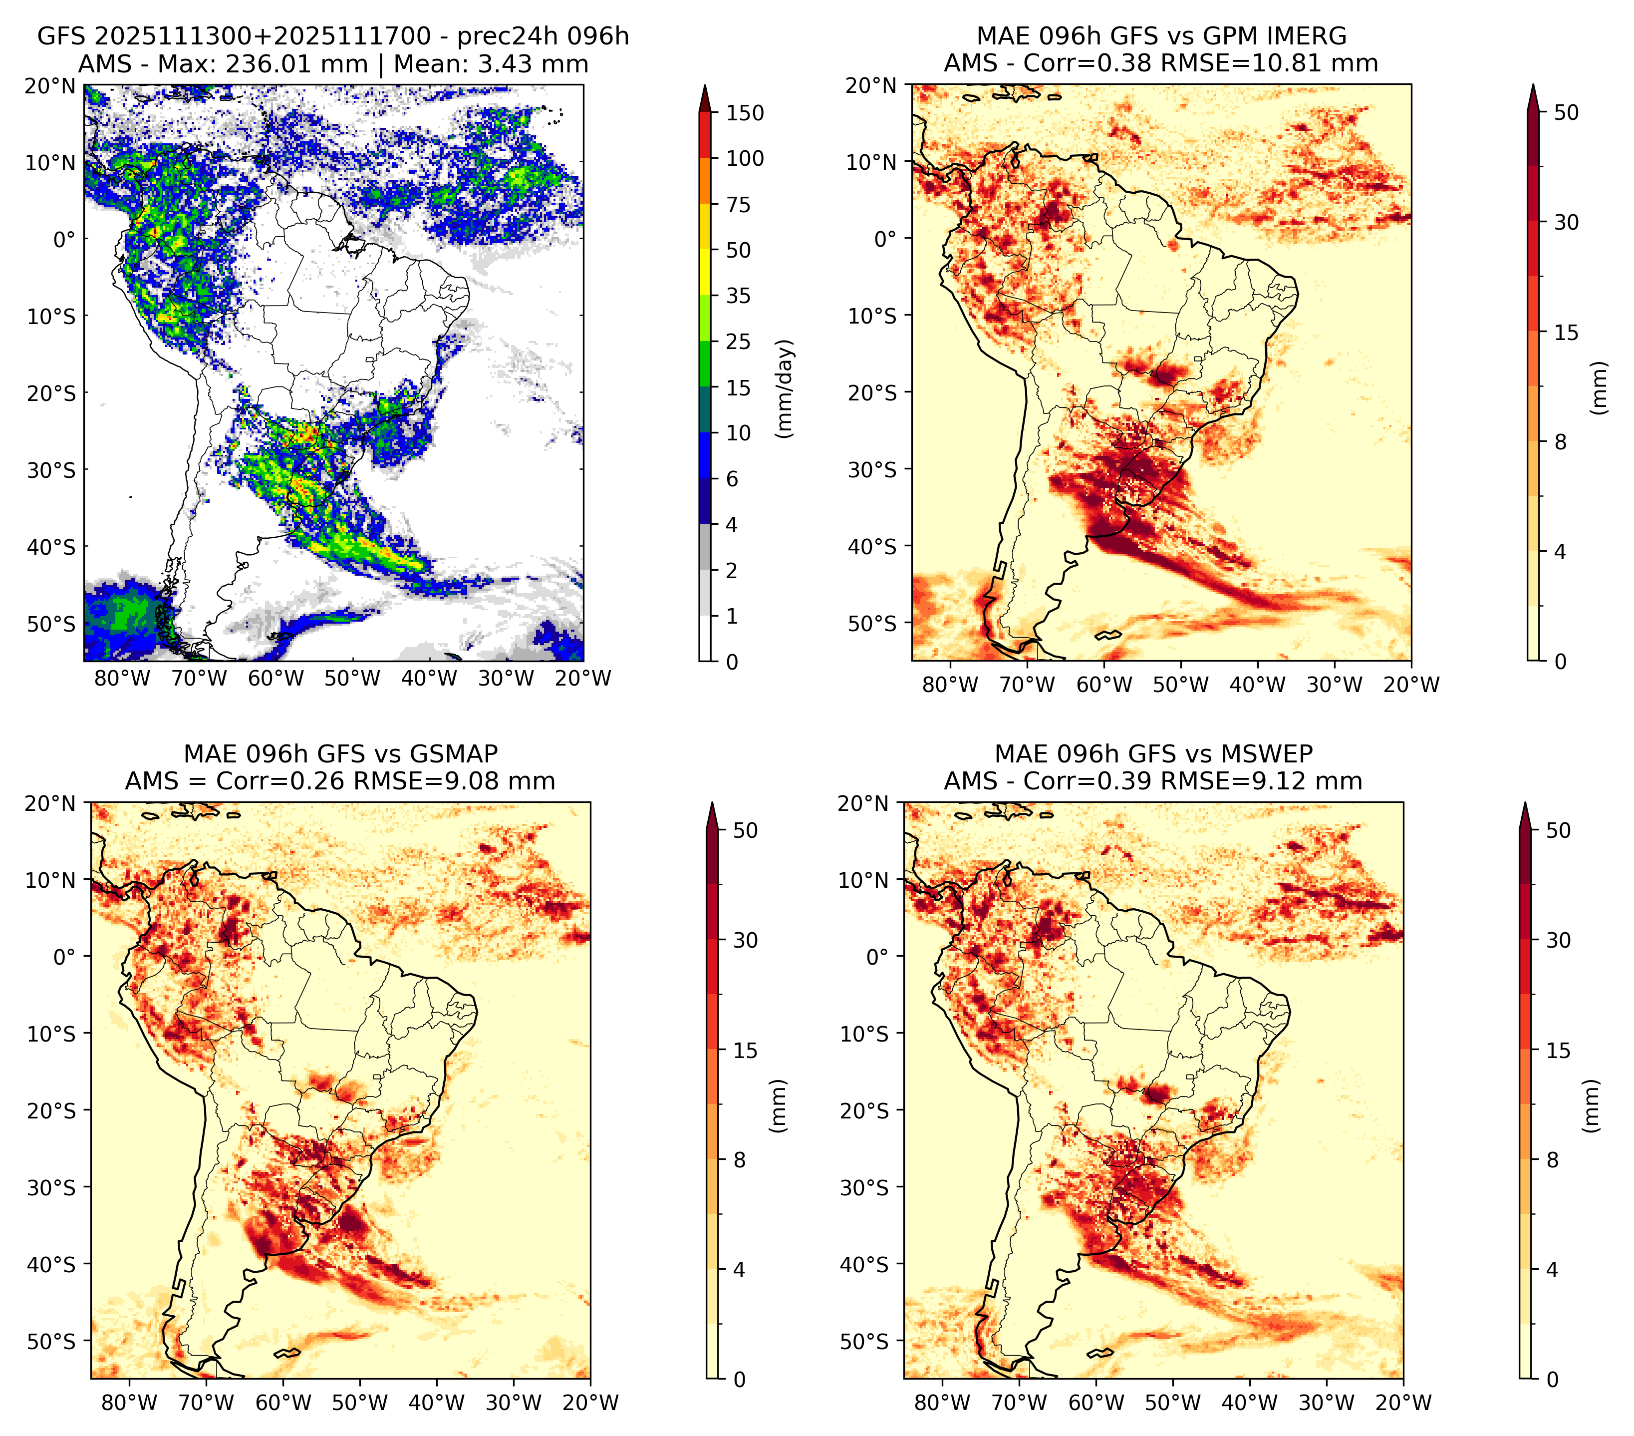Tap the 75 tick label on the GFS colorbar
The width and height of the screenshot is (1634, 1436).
(739, 205)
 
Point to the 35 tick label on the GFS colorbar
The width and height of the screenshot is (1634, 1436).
(739, 296)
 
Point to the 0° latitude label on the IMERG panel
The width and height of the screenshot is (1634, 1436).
(886, 238)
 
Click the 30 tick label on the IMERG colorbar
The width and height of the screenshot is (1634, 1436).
(1567, 222)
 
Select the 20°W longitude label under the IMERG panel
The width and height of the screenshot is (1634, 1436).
(1411, 685)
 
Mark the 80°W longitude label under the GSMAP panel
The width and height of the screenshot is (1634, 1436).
(129, 1403)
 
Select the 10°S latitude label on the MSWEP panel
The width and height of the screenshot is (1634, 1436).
(864, 1034)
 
